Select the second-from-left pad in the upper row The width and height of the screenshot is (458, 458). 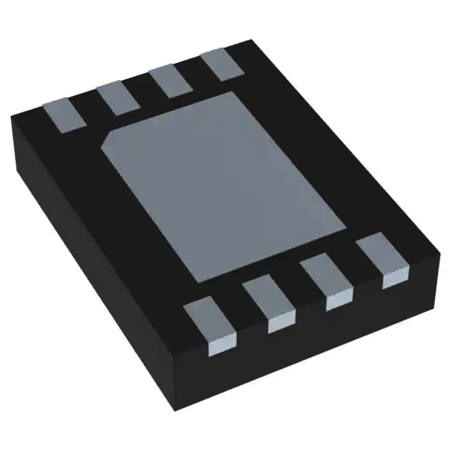click(117, 97)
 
